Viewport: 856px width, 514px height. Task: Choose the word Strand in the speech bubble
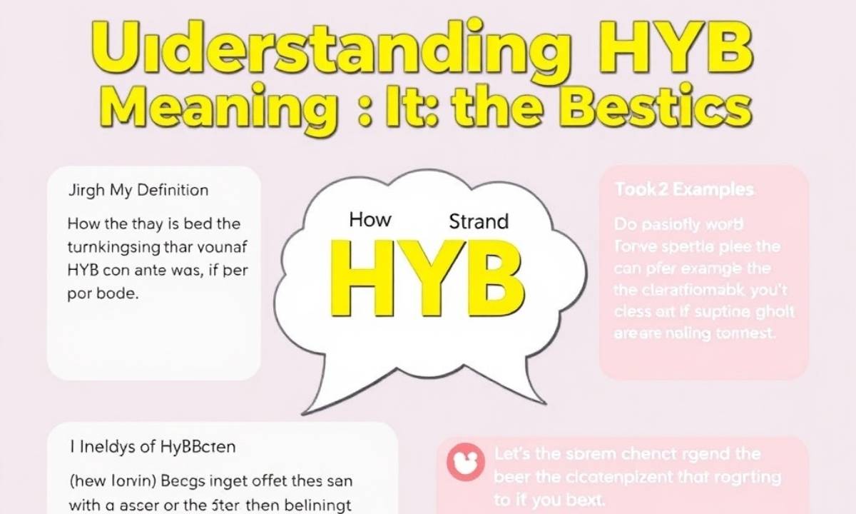pos(479,221)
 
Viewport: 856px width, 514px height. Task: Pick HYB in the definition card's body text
pos(84,271)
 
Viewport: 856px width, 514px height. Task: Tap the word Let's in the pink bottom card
pos(511,454)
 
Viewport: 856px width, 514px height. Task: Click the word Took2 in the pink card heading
pos(637,191)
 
